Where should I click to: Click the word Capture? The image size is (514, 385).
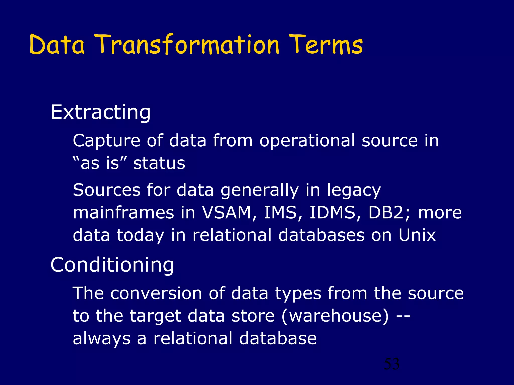pyautogui.click(x=106, y=141)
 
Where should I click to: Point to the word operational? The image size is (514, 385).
pyautogui.click(x=307, y=141)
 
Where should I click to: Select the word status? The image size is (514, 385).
pyautogui.click(x=159, y=163)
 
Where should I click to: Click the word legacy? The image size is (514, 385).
pyautogui.click(x=354, y=190)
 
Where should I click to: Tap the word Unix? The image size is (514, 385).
pyautogui.click(x=417, y=235)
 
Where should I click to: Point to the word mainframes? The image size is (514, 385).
pyautogui.click(x=123, y=213)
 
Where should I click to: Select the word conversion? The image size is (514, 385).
pyautogui.click(x=156, y=293)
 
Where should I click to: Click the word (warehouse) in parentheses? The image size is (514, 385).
pyautogui.click(x=335, y=316)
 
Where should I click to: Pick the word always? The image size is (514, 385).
pyautogui.click(x=102, y=338)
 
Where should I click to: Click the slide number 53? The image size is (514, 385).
pyautogui.click(x=392, y=364)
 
